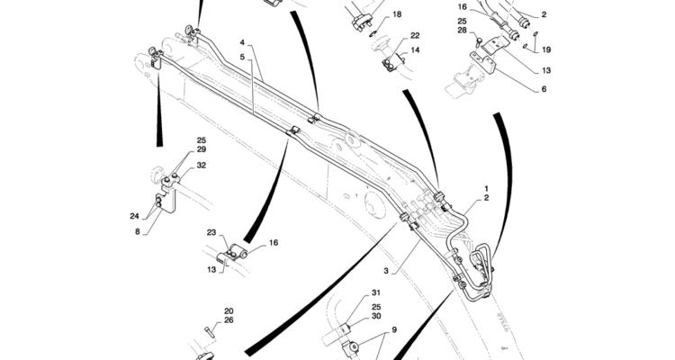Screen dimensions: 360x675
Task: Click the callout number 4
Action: tap(242, 42)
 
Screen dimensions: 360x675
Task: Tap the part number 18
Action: tap(397, 15)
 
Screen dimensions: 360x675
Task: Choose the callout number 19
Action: tap(547, 50)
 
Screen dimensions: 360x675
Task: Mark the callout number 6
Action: tap(544, 89)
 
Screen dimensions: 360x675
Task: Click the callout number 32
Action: tap(202, 166)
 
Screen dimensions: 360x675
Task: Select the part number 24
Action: tap(134, 216)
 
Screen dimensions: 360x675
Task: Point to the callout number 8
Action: tap(138, 232)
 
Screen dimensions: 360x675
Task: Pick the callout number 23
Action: tap(211, 233)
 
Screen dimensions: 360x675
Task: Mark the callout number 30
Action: tap(376, 317)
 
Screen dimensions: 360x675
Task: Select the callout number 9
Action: tap(392, 329)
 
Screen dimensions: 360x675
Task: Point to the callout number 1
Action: tap(487, 187)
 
